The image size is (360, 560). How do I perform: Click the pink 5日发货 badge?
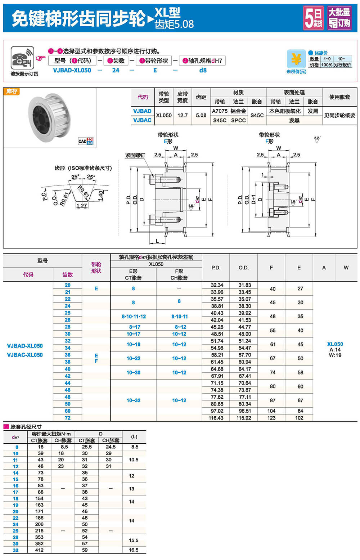313,18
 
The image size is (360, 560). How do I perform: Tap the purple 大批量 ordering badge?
339,18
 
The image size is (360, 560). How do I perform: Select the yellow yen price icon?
296,59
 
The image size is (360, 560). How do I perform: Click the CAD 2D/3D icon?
85,141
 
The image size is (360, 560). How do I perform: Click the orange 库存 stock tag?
12,91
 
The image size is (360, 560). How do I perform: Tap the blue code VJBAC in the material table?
142,120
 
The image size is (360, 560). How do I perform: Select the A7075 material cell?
220,111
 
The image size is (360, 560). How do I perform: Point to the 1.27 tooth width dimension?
82,206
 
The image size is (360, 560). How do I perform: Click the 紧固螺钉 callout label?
135,155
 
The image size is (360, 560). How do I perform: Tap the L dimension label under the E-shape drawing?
157,241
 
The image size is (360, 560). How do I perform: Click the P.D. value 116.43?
216,418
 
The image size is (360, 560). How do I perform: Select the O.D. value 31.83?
245,285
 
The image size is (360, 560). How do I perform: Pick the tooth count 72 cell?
68,418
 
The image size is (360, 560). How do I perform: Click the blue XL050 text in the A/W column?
335,344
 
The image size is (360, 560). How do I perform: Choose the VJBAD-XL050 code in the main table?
25,346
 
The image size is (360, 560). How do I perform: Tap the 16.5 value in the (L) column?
134,550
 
